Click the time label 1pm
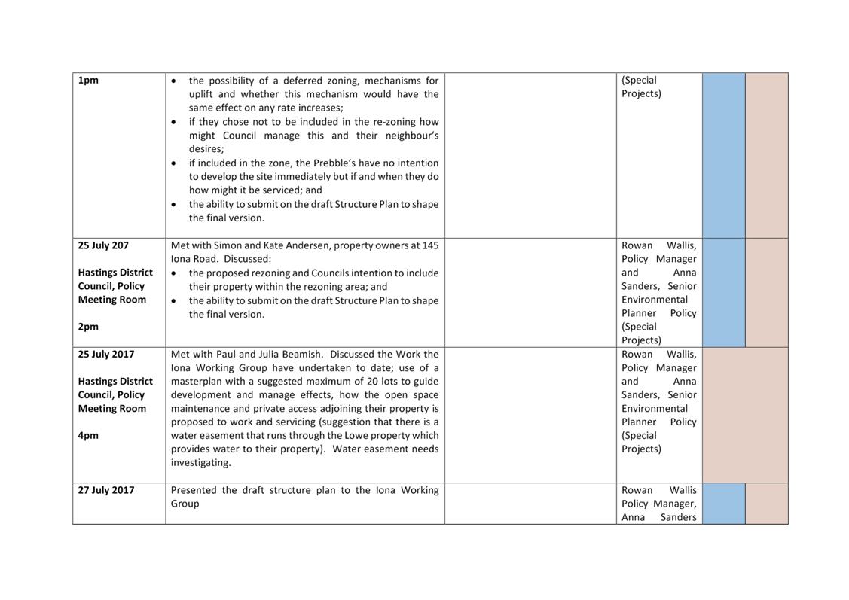point(88,81)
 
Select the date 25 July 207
point(103,245)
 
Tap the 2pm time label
point(88,327)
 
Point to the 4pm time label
point(88,435)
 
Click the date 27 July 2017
point(106,490)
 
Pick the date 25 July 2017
point(106,354)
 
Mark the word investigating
point(200,462)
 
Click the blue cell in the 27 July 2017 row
point(723,503)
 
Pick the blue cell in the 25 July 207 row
point(723,292)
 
